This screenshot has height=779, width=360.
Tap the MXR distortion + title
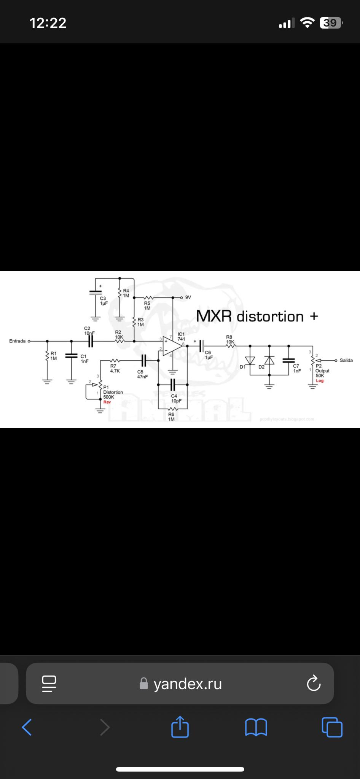[x=257, y=316]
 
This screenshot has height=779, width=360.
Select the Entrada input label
[x=18, y=341]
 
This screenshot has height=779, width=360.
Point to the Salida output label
[x=346, y=360]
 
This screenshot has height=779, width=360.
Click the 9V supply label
[x=188, y=297]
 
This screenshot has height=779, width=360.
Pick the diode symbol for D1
[x=250, y=360]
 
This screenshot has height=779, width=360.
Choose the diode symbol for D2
[x=269, y=360]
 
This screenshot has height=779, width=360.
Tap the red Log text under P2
[x=320, y=381]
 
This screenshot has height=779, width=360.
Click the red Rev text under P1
[x=107, y=402]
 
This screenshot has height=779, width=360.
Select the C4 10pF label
[x=176, y=398]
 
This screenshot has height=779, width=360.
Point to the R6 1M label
[x=171, y=417]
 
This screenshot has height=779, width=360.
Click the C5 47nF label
[x=142, y=374]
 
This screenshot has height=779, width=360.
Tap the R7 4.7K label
[x=115, y=368]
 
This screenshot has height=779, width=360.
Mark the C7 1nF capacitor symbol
[x=288, y=360]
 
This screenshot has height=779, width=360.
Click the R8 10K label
[x=229, y=339]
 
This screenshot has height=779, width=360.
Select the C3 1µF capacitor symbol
[x=95, y=293]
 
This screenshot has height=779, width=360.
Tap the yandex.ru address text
[x=188, y=684]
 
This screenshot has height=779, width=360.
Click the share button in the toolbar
[x=180, y=727]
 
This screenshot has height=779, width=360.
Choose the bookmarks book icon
[x=256, y=727]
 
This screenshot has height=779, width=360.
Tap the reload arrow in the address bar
[x=314, y=684]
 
